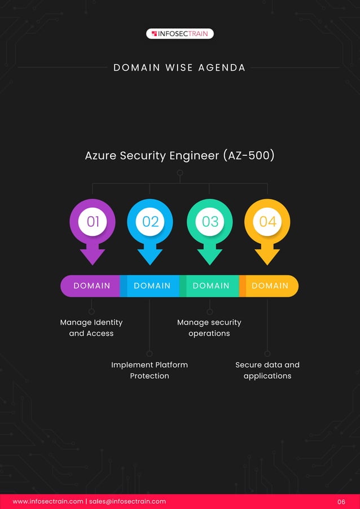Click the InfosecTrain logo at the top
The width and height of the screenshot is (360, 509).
pyautogui.click(x=180, y=34)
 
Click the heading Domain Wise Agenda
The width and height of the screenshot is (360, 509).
pyautogui.click(x=179, y=68)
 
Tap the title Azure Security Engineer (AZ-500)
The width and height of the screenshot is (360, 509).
pyautogui.click(x=179, y=155)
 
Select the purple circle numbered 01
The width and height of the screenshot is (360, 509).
pyautogui.click(x=93, y=221)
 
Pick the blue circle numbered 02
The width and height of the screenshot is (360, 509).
pyautogui.click(x=150, y=221)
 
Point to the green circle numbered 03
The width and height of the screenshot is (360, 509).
pyautogui.click(x=210, y=221)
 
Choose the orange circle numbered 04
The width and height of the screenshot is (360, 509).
pyautogui.click(x=267, y=221)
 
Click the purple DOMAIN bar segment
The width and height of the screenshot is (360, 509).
pyautogui.click(x=92, y=286)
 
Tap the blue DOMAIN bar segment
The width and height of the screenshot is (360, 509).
pyautogui.click(x=152, y=286)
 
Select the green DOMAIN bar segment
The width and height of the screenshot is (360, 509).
pyautogui.click(x=211, y=286)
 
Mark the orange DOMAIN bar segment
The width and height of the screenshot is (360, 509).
pyautogui.click(x=270, y=286)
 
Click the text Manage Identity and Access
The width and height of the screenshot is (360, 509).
pyautogui.click(x=91, y=328)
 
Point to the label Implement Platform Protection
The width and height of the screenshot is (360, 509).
pyautogui.click(x=150, y=370)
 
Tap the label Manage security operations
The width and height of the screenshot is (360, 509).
pyautogui.click(x=209, y=328)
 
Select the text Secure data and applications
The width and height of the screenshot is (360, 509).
pyautogui.click(x=267, y=370)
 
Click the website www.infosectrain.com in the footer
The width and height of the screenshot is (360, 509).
pyautogui.click(x=48, y=501)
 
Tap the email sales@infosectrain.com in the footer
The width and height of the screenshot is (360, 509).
pyautogui.click(x=128, y=501)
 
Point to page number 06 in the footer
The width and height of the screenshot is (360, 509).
pyautogui.click(x=341, y=502)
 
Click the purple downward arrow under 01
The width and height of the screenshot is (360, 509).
pyautogui.click(x=93, y=256)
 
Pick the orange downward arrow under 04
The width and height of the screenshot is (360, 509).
pyautogui.click(x=267, y=256)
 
